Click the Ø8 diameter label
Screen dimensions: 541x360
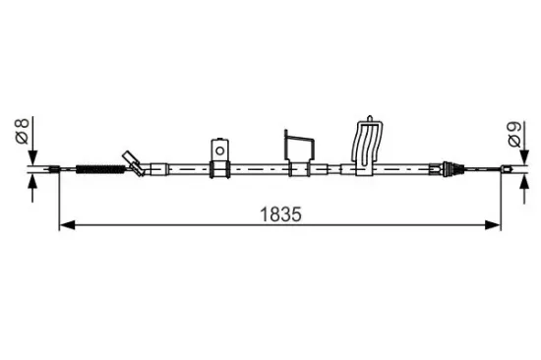point(23,131)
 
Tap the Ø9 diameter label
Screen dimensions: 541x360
point(514,135)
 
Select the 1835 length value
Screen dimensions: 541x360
point(280,214)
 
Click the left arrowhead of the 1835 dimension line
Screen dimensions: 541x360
point(67,225)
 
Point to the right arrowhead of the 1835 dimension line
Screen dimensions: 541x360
point(493,225)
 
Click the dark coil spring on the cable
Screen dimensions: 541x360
point(100,169)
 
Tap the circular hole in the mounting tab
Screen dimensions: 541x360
point(219,150)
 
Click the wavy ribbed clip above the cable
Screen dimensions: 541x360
point(367,143)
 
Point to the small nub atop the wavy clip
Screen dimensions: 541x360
point(370,118)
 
